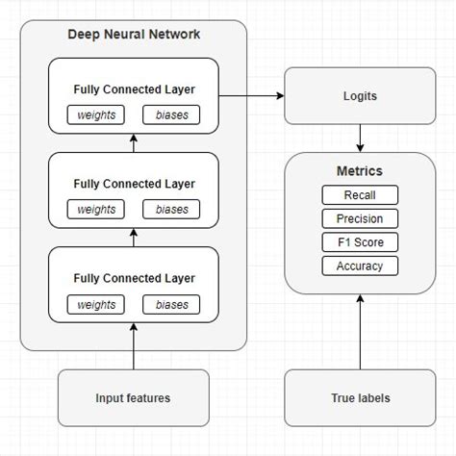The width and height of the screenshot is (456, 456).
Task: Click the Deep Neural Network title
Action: (x=134, y=35)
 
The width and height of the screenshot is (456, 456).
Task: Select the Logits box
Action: (x=360, y=96)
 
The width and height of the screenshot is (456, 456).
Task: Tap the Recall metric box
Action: (x=360, y=195)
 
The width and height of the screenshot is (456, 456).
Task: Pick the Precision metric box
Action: (x=360, y=218)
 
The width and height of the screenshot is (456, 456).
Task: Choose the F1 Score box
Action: (x=360, y=242)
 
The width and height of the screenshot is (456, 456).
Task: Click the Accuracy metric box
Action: (x=360, y=266)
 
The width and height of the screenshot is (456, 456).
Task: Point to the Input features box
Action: (x=134, y=397)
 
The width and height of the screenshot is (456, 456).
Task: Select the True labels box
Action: (x=360, y=397)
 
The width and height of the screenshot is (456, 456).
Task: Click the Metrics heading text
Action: (x=360, y=171)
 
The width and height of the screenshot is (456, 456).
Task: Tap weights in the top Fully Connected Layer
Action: (x=96, y=115)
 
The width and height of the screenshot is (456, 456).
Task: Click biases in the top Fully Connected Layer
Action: (x=171, y=115)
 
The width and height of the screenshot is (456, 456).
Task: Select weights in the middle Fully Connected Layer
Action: (x=96, y=209)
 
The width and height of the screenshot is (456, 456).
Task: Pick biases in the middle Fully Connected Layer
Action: (x=171, y=209)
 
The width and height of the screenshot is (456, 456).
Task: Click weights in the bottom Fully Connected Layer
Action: (x=96, y=304)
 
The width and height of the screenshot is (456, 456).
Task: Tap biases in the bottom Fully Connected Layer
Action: (x=171, y=304)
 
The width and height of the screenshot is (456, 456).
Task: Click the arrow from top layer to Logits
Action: (x=252, y=96)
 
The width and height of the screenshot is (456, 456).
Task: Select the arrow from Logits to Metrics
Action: (x=360, y=137)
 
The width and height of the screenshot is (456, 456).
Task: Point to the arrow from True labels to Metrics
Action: (x=360, y=332)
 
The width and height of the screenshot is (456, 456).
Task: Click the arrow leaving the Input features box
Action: (x=134, y=346)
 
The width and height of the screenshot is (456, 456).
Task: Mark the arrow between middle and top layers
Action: (x=134, y=144)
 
